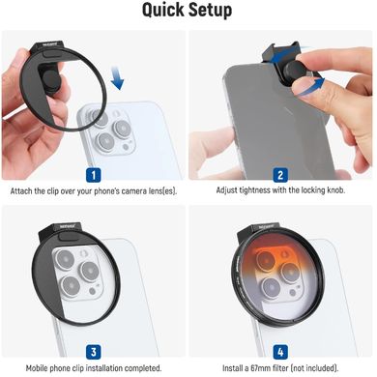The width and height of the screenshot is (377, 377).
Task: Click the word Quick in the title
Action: pyautogui.click(x=163, y=10)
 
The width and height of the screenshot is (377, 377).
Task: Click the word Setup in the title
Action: pyautogui.click(x=210, y=11)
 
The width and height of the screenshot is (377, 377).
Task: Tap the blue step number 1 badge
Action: pyautogui.click(x=94, y=175)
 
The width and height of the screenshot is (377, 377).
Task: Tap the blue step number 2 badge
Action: pyautogui.click(x=280, y=175)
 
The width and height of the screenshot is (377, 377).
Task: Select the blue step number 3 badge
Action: pyautogui.click(x=94, y=352)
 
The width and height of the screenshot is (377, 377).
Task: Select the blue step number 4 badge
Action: pyautogui.click(x=280, y=352)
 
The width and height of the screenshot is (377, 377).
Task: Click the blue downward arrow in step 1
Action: pyautogui.click(x=117, y=78)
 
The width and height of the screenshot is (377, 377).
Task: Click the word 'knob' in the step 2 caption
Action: pyautogui.click(x=335, y=190)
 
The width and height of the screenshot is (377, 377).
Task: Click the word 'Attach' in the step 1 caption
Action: pyautogui.click(x=21, y=191)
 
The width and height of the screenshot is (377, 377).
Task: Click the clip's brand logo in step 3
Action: pyautogui.click(x=67, y=226)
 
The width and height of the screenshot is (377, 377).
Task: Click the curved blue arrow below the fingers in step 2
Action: pyautogui.click(x=309, y=87)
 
